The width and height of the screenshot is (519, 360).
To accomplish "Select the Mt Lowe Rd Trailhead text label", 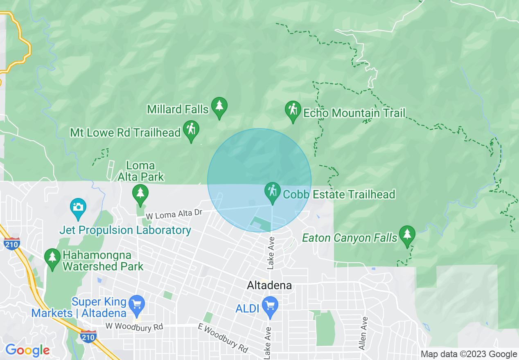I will pos(126,133).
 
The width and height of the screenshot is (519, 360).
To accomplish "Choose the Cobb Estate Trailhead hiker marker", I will pos(272,192).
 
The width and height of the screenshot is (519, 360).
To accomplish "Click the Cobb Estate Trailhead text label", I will pos(339,194).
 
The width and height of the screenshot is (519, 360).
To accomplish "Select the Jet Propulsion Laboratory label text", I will pos(125,230).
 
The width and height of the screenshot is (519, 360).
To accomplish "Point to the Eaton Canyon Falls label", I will pos(350,238).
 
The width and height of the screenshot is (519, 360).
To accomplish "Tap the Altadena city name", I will pos(270,286).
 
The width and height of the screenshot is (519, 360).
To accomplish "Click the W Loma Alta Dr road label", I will pos(174,214).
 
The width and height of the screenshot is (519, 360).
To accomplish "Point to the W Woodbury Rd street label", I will pos(134,326).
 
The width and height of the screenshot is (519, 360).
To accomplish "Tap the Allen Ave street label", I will pos(363,333).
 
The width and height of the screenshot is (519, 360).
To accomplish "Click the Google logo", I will pos(27,350).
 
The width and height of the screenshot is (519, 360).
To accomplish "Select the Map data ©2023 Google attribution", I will pos(469,354).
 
